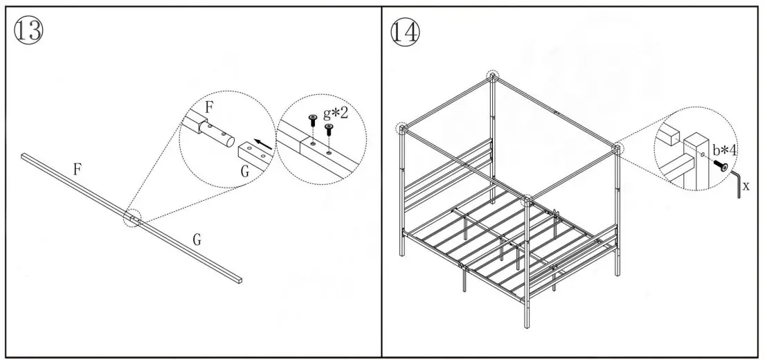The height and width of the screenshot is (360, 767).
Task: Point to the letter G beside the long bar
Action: pos(197,240)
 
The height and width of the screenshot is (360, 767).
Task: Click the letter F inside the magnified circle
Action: pos(210,107)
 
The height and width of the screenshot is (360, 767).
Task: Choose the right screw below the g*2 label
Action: pos(329,129)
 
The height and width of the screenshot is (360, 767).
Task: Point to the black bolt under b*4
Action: pos(722,167)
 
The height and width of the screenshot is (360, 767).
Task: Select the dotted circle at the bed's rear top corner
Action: pos(492,75)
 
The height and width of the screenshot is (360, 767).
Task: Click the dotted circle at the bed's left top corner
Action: pos(401,129)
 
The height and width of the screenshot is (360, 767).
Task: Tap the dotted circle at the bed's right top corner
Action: pos(617,147)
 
